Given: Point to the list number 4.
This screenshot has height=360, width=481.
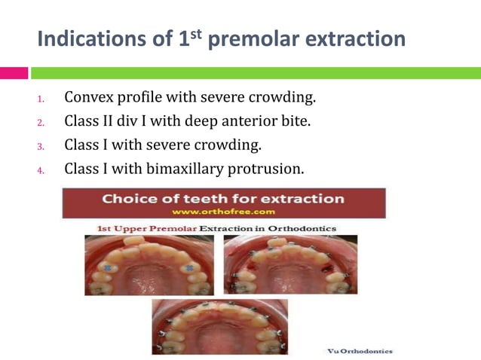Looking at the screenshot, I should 42,169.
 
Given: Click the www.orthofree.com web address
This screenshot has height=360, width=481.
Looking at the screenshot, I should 223,212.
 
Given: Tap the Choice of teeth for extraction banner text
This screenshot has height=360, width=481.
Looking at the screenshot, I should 223,200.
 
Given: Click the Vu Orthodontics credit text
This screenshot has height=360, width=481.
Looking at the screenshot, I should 360,351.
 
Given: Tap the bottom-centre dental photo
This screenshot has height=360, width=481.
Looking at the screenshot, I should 219,326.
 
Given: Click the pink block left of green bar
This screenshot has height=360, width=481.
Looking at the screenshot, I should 14,73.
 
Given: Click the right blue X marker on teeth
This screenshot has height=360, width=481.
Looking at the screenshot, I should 189,267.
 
